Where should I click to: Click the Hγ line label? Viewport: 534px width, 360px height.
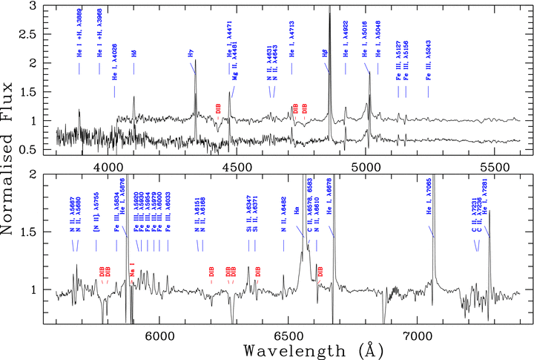[191, 53]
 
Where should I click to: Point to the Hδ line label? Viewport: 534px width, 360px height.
[134, 53]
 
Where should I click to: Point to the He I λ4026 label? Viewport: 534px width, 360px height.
[115, 68]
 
